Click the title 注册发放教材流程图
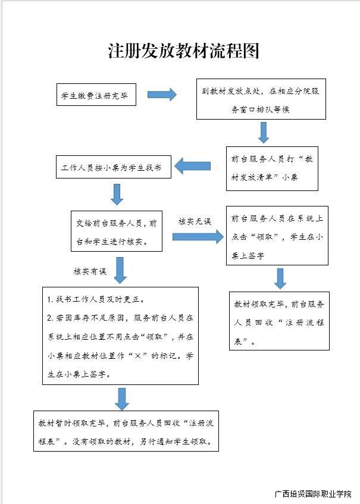(x=183, y=51)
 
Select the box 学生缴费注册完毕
(x=95, y=95)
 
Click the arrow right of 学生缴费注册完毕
(x=162, y=95)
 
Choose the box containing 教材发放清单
(x=271, y=168)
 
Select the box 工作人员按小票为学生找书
(x=113, y=168)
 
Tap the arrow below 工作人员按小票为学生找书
(x=117, y=194)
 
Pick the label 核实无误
(x=194, y=221)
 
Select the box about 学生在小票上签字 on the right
(x=277, y=236)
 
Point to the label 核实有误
(x=89, y=271)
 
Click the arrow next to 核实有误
(x=121, y=271)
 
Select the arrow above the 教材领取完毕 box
(x=280, y=278)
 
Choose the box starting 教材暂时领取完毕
(x=126, y=433)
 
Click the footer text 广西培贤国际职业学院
(x=313, y=494)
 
